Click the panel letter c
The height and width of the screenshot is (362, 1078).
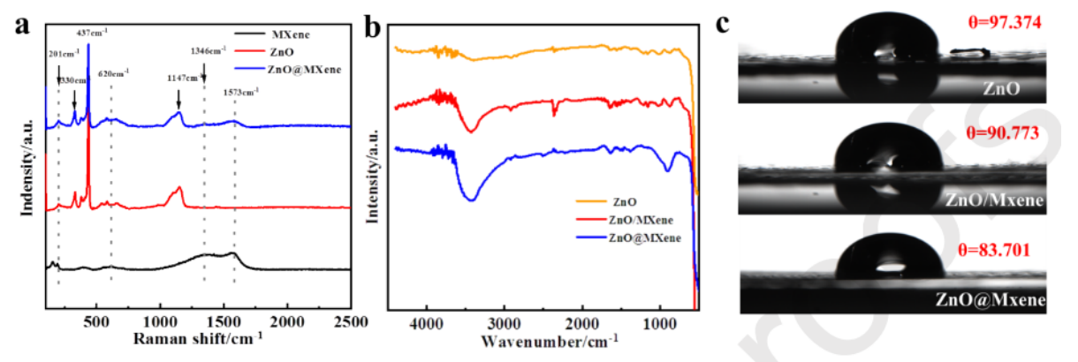pos(724,22)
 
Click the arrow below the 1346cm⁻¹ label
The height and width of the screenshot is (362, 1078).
pos(204,78)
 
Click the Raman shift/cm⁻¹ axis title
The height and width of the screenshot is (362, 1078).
pos(198,339)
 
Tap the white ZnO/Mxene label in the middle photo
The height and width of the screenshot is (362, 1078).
pos(994,200)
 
